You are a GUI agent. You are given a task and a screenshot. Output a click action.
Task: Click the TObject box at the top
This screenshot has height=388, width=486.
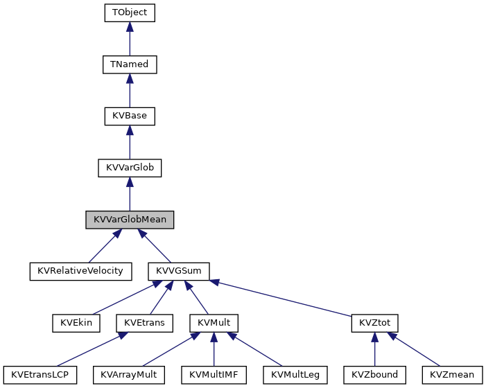[x=130, y=12]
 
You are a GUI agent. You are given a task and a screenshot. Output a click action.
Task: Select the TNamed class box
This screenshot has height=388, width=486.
[x=130, y=64]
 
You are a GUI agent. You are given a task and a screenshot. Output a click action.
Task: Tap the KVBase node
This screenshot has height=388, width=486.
[x=130, y=116]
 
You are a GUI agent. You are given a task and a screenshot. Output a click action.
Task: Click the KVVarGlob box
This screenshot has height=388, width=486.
[x=130, y=168]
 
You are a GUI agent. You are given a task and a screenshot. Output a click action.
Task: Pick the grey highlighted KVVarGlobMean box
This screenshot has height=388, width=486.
[x=130, y=220]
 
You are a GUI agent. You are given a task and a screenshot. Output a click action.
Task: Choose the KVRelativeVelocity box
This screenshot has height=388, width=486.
[x=80, y=271]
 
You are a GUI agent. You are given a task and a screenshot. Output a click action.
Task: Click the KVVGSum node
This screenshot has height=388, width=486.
[x=179, y=271]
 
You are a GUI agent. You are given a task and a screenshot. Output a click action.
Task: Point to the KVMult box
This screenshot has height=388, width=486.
[x=214, y=323]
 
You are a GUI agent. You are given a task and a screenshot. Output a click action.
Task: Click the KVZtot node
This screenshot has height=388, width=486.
[x=374, y=323]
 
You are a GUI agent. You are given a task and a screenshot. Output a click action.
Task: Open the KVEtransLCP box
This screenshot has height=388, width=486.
[x=40, y=375]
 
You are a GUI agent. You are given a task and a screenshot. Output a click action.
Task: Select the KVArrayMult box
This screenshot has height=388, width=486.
[x=129, y=375]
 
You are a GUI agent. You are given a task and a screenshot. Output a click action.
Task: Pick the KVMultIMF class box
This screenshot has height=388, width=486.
[x=214, y=375]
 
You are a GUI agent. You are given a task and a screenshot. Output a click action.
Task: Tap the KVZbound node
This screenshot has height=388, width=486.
[x=374, y=375]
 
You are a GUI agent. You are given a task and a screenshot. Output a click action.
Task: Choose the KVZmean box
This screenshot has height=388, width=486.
[x=452, y=375]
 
